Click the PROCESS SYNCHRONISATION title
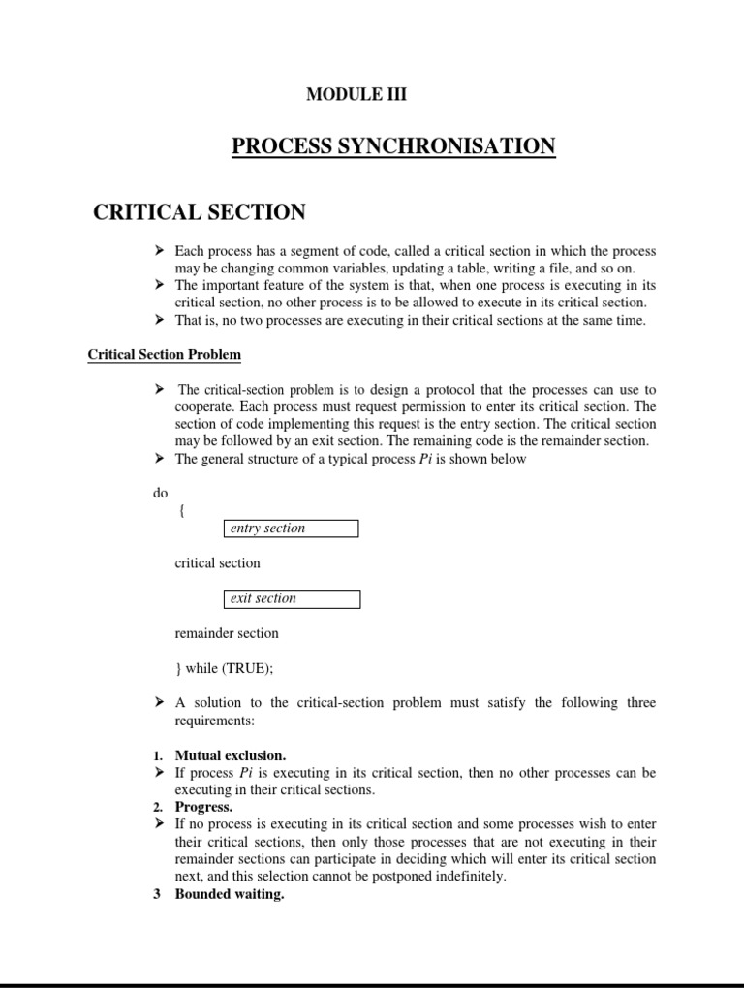click(x=393, y=146)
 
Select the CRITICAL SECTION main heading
click(x=199, y=212)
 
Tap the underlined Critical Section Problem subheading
click(x=164, y=355)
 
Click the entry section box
click(x=291, y=529)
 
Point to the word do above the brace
click(x=160, y=494)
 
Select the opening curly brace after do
click(x=181, y=511)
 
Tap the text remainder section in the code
click(x=226, y=633)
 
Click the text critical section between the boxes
click(x=217, y=563)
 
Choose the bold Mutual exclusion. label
click(x=230, y=754)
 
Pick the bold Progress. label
click(x=203, y=807)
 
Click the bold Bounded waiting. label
click(x=229, y=894)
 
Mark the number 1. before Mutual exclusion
click(x=159, y=754)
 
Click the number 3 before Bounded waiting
click(x=157, y=894)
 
